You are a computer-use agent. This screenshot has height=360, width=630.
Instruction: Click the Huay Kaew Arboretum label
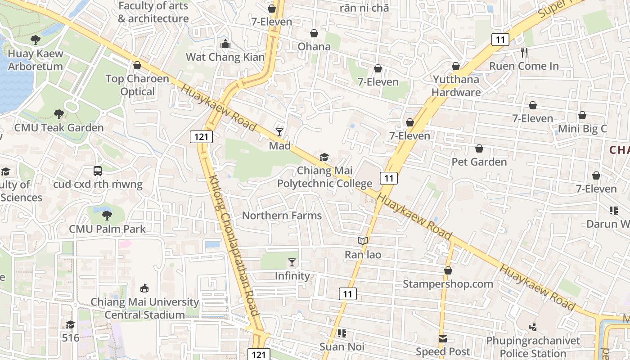pos(36,60)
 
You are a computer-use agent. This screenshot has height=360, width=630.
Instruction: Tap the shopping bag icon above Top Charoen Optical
pos(137,66)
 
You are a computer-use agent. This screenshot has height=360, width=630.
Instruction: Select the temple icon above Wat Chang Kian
pos(225,44)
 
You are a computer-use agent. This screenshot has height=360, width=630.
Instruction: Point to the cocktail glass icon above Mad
pos(279,132)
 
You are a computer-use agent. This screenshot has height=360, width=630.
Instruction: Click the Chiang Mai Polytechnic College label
pos(324,177)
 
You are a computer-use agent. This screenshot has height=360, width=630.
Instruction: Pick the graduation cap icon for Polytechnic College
pos(324,157)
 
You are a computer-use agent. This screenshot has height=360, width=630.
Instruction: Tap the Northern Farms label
pos(282,216)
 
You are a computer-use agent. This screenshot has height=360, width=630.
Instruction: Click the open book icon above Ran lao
pos(363,241)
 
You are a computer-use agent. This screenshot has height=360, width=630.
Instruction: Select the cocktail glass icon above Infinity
pos(292,262)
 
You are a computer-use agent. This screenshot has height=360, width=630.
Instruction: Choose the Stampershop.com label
pos(448,284)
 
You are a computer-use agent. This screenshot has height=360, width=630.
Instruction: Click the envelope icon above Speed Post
pos(443,339)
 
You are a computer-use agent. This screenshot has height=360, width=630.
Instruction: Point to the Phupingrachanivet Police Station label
pos(533,346)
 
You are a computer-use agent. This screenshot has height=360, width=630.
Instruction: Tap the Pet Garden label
pos(479,162)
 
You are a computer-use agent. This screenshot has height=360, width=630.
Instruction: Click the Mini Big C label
pos(582,129)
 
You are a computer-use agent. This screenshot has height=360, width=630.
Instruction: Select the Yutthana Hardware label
pos(456,86)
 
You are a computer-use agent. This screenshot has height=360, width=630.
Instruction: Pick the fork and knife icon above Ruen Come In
pos(524,53)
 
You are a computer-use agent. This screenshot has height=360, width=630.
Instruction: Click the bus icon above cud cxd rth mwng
pos(98,171)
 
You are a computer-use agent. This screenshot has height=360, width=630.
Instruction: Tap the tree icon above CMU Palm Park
pos(107,216)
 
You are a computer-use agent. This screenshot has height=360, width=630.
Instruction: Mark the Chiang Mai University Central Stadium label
pos(144,308)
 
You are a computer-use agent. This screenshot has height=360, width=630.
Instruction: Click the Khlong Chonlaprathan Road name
pos(234,245)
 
